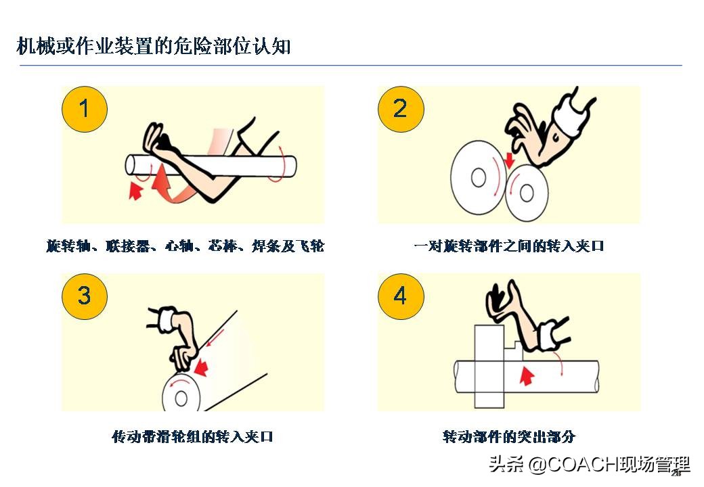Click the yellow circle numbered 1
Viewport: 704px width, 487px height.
click(85, 109)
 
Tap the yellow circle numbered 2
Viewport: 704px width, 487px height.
click(400, 109)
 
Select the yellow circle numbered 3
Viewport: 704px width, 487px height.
click(85, 296)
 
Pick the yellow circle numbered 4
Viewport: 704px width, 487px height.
click(400, 296)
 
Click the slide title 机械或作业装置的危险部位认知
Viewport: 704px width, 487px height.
click(154, 46)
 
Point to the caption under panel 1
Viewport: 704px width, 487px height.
click(185, 246)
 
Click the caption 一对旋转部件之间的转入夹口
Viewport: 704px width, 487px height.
click(508, 246)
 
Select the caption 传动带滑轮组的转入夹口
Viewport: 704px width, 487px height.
click(192, 436)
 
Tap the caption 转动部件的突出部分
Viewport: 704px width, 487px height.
click(508, 436)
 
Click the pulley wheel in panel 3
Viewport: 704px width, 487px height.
click(181, 396)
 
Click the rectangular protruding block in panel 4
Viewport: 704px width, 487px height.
click(489, 365)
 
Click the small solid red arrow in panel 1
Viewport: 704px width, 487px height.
click(136, 191)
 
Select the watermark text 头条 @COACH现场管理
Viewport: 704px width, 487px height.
click(589, 465)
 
